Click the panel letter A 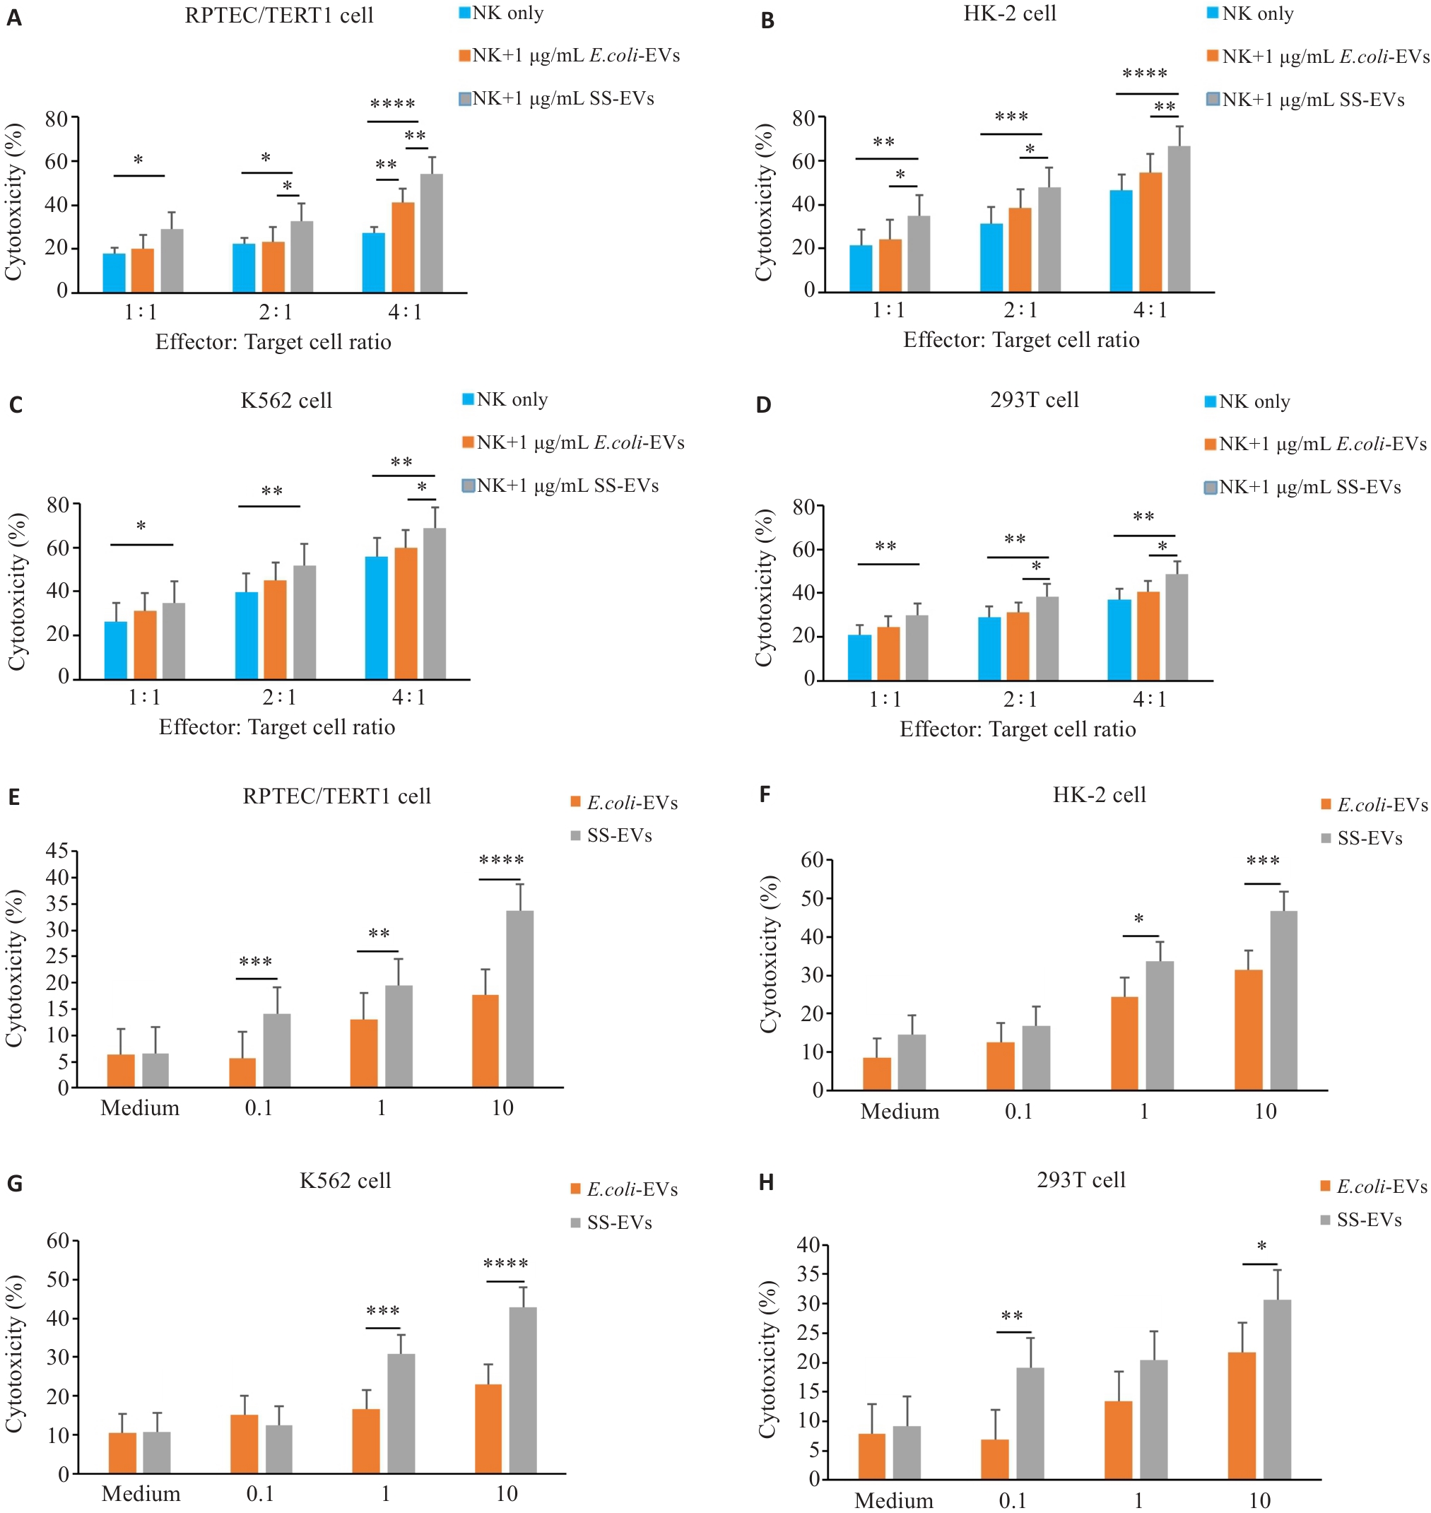point(13,18)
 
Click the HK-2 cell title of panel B point(1009,13)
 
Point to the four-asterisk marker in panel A point(392,104)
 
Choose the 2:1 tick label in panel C point(279,697)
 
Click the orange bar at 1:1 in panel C point(145,644)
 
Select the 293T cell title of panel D point(1034,400)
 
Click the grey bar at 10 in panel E point(519,999)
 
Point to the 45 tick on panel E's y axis point(57,851)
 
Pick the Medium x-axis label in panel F point(900,1112)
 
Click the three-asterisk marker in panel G point(383,1311)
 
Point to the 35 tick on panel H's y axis point(808,1273)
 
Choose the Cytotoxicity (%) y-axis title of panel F point(768,955)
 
